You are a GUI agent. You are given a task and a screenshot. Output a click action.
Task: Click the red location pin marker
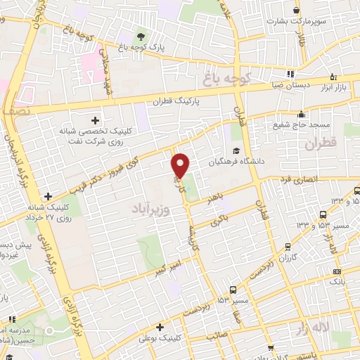tap(181, 165)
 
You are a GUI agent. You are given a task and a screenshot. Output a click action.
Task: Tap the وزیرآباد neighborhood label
tap(149, 208)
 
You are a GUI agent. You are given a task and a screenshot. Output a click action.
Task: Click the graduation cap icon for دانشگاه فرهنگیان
tap(237, 150)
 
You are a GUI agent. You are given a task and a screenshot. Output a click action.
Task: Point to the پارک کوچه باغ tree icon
tap(142, 37)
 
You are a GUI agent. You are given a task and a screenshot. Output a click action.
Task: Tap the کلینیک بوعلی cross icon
tap(161, 327)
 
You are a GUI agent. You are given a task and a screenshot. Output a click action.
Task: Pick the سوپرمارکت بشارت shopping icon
tap(297, 10)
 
